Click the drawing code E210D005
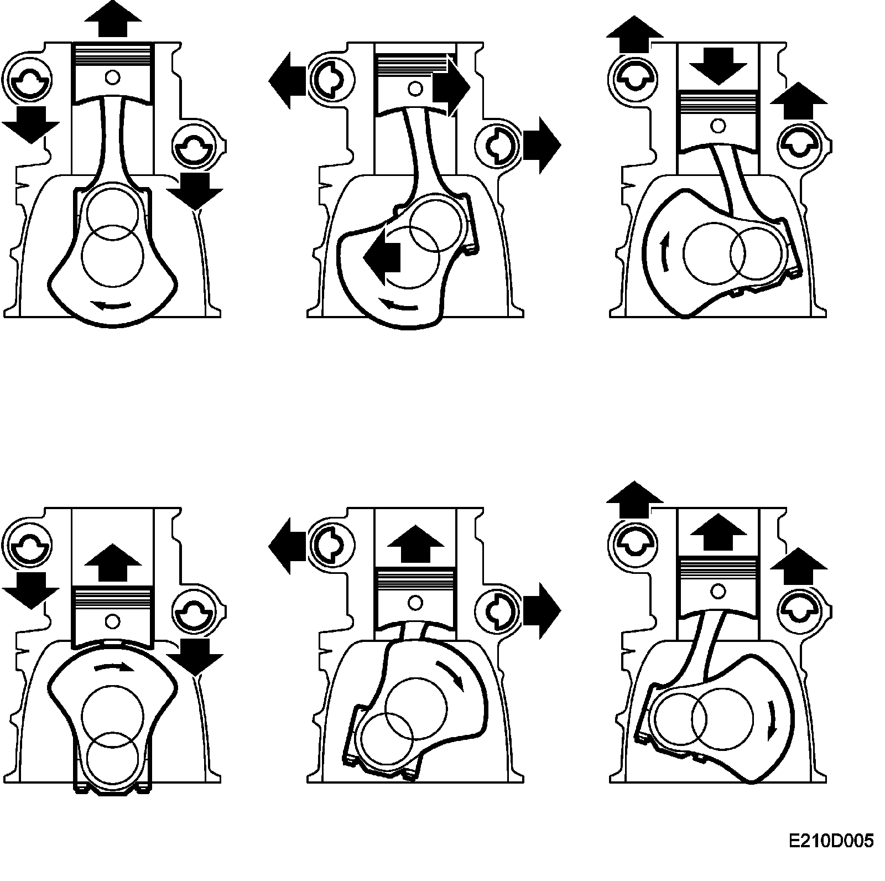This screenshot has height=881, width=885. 831,841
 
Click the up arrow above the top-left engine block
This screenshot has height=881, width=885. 113,19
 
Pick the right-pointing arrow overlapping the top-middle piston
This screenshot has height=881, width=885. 451,86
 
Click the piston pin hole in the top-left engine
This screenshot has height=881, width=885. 113,77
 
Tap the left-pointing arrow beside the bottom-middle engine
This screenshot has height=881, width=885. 288,546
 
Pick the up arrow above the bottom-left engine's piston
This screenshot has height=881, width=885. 112,562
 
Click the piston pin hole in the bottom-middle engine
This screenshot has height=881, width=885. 415,602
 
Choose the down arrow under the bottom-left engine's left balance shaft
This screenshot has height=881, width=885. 30,589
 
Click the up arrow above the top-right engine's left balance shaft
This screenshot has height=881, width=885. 634,34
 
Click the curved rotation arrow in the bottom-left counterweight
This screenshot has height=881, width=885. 114,667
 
